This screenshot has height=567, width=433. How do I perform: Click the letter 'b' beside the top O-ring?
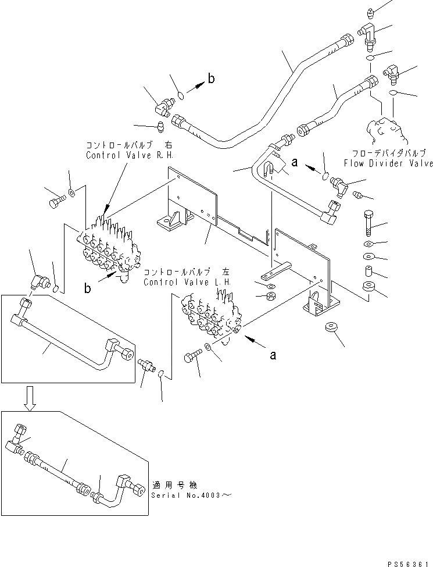pos(211,80)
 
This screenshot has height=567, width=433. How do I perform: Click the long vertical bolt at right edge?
pos(371,222)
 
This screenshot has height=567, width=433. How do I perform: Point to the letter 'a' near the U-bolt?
pos(295,163)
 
